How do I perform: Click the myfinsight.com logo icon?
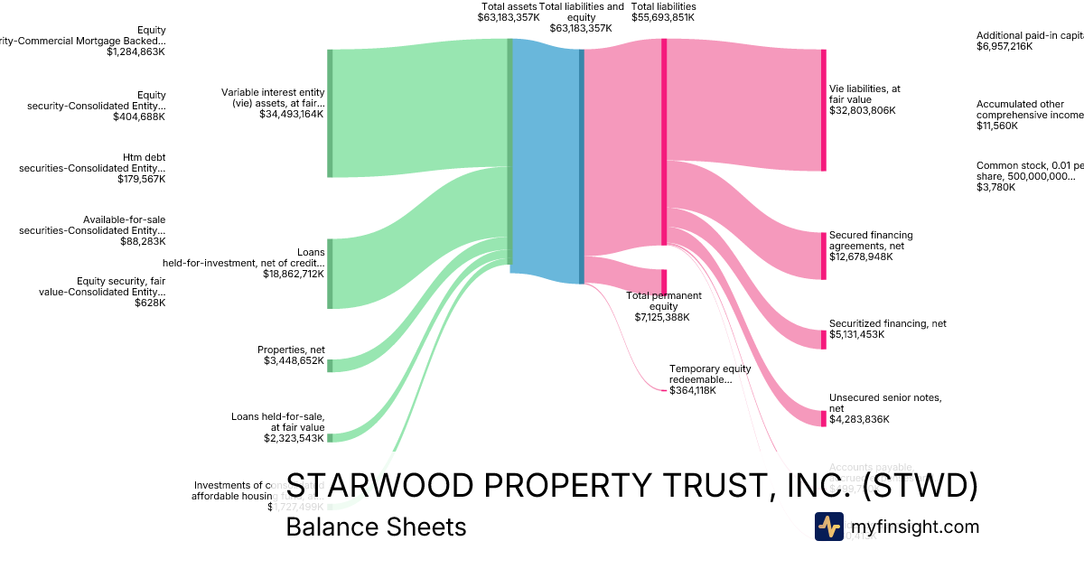click(828, 527)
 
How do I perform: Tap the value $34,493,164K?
click(292, 114)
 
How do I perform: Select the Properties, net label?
click(291, 350)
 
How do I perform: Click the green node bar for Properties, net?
click(330, 365)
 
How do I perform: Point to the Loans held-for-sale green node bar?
click(330, 438)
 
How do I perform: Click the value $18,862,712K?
click(294, 274)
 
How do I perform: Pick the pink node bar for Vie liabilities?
click(823, 110)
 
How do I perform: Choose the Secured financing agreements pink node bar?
click(823, 256)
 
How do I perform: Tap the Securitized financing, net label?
click(887, 323)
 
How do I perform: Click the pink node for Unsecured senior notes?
click(823, 418)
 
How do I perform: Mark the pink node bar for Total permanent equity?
click(664, 282)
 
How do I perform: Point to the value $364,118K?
click(692, 390)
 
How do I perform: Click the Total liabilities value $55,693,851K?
click(663, 17)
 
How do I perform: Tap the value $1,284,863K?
click(135, 51)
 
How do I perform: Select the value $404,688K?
click(139, 117)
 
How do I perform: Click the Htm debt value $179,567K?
click(141, 179)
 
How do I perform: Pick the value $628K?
click(152, 303)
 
